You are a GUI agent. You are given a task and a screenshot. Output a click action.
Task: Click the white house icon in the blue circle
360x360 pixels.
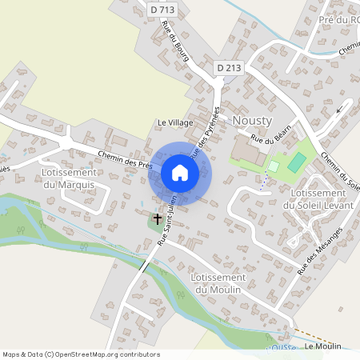pos(179,173)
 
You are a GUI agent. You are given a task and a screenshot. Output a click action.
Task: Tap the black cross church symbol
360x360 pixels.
pos(158,217)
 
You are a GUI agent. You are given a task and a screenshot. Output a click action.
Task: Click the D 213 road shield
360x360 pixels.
pos(229,69)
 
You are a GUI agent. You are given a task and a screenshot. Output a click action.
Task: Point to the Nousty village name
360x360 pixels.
pos(253,120)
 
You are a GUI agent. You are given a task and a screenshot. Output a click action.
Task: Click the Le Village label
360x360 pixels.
pos(174,122)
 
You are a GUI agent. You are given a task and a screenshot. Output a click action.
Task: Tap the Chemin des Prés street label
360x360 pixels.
pos(125,159)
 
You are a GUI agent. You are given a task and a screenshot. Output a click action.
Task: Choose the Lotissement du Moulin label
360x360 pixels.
pos(217,282)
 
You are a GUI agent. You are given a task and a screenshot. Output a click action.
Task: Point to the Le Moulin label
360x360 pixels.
pos(323,346)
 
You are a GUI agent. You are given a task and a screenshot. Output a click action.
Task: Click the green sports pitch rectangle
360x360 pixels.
pos(297,162)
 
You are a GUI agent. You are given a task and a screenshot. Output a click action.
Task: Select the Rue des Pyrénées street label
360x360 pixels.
pos(205,140)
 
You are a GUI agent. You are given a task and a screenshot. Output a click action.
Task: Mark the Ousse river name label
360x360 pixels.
pos(282,348)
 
